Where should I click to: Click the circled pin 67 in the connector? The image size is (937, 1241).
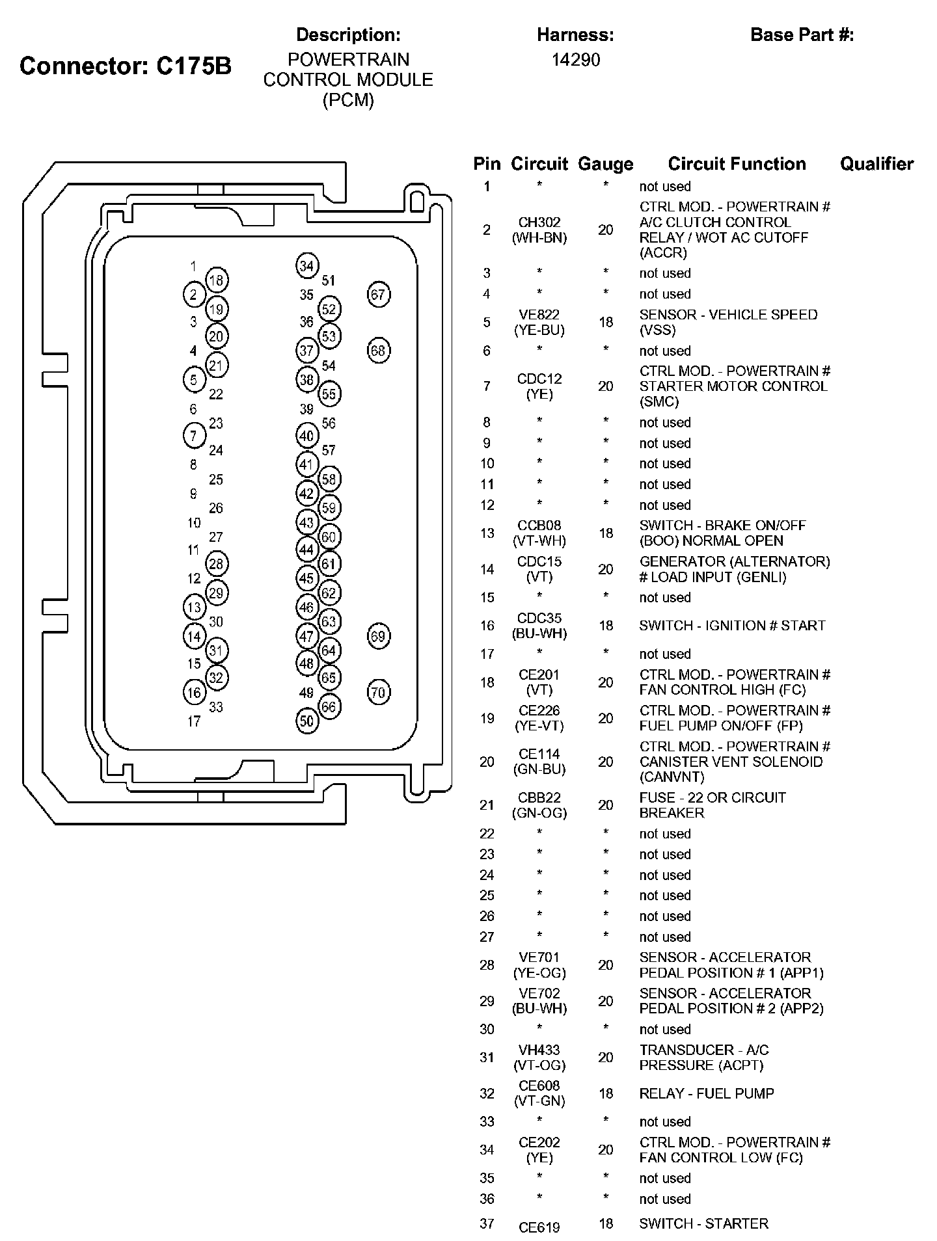click(x=378, y=295)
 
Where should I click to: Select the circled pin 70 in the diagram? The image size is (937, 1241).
click(x=378, y=693)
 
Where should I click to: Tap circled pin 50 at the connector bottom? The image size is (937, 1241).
click(x=306, y=721)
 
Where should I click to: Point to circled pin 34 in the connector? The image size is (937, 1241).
click(x=306, y=265)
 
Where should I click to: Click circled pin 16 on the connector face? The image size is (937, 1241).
click(x=194, y=693)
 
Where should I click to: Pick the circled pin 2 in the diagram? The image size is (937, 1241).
click(x=193, y=295)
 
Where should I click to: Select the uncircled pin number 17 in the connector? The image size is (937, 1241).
click(x=194, y=721)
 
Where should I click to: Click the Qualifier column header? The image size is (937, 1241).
click(x=876, y=164)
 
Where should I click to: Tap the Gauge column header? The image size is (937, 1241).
click(x=605, y=164)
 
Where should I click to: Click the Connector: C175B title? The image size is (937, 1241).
click(x=126, y=66)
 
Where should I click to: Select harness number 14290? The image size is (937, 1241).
click(x=576, y=60)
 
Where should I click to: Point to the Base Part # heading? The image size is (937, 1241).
click(x=802, y=34)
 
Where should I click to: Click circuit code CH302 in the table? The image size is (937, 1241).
click(x=539, y=222)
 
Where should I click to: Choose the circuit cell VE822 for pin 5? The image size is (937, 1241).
click(x=539, y=315)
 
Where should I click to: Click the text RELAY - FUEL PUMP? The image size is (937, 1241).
click(x=707, y=1093)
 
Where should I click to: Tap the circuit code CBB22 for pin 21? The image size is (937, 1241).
click(x=539, y=797)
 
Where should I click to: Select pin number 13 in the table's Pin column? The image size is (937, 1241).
click(x=487, y=533)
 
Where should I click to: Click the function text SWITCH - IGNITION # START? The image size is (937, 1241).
click(x=732, y=626)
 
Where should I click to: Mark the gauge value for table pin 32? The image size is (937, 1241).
click(x=606, y=1093)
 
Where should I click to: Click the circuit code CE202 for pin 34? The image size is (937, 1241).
click(x=539, y=1142)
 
